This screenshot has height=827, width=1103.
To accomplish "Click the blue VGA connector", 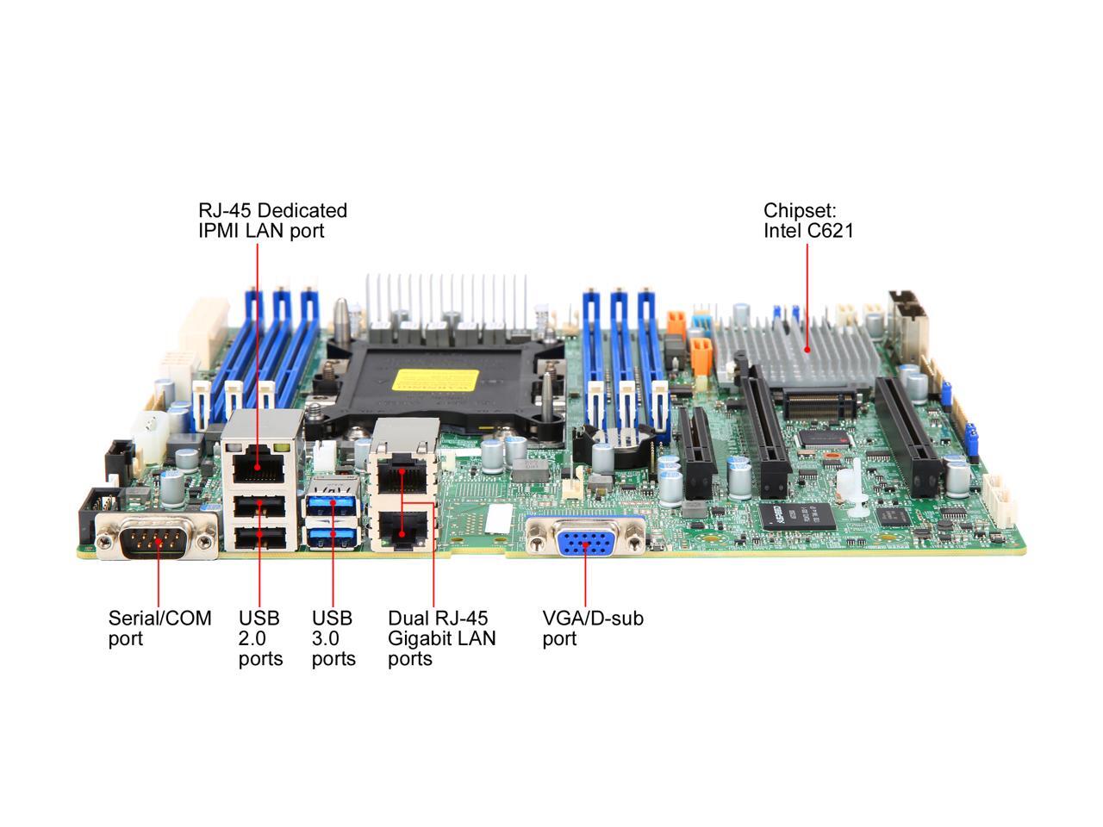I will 586,544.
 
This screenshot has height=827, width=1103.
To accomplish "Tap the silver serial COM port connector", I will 157,540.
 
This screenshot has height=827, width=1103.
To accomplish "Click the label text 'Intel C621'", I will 808,231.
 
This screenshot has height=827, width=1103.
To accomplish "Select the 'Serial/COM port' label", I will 159,628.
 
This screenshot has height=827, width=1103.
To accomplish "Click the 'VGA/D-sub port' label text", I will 593,628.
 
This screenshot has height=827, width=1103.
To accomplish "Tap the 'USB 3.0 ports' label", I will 333,638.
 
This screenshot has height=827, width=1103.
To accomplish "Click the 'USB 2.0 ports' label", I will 260,638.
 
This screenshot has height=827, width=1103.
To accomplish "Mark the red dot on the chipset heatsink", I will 807,350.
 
